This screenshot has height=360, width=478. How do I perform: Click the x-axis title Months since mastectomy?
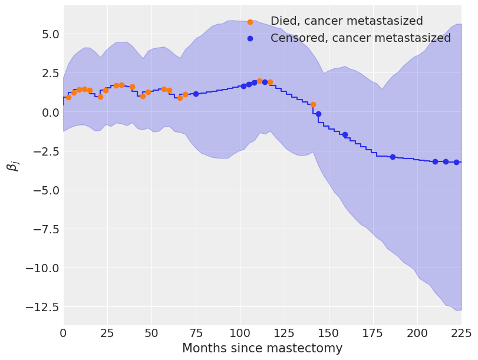coord(262,348)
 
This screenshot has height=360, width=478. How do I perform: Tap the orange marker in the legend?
coord(250,22)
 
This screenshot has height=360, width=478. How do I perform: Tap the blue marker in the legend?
coord(250,38)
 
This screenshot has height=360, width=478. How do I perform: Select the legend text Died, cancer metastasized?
coord(347,21)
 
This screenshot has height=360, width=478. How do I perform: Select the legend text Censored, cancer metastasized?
coord(360,38)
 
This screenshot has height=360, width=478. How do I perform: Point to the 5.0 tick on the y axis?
coord(42,34)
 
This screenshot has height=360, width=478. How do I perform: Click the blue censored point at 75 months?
coord(196,94)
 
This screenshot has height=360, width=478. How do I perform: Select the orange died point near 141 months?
coord(313,104)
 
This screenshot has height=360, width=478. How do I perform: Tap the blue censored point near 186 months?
coord(393,157)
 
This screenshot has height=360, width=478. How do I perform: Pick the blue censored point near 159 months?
coord(345,134)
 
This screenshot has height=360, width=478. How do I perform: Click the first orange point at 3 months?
coord(68,97)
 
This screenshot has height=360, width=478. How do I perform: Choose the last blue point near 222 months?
coord(456,162)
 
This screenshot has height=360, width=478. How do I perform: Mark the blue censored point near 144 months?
coord(318,114)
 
